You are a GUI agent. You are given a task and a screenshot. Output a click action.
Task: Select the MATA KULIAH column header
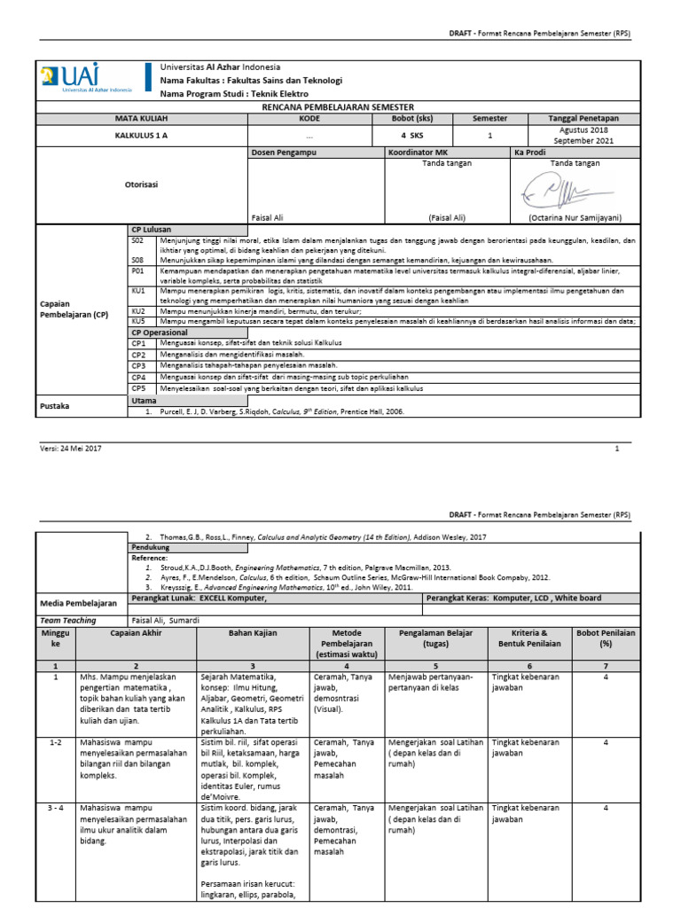141,118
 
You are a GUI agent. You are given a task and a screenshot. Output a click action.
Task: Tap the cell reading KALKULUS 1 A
141,136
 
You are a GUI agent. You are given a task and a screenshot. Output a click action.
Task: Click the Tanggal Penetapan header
586,118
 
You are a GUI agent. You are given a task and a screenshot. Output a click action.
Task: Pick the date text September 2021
586,141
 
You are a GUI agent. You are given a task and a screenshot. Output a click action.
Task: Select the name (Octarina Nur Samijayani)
586,217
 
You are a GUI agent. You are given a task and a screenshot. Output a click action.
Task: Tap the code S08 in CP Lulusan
137,260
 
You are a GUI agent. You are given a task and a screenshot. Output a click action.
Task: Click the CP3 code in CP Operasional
137,364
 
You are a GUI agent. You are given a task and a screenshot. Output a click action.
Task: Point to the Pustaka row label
55,406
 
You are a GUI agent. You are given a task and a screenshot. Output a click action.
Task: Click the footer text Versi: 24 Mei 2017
71,449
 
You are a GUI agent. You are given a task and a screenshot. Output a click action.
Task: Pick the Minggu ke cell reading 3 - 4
55,809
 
